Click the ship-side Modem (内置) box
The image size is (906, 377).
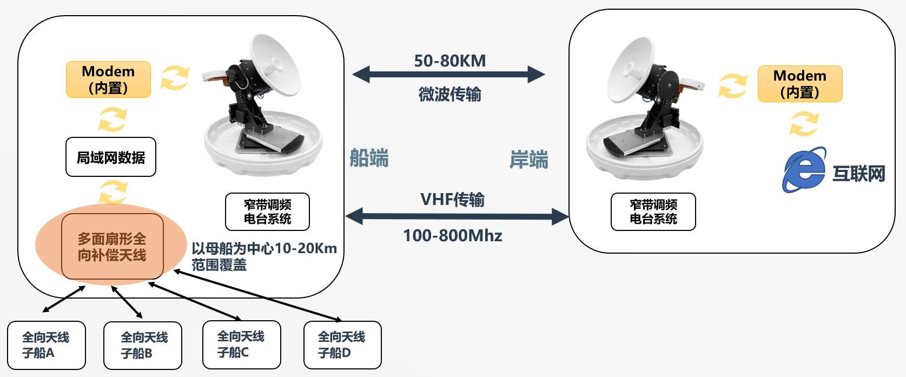pyautogui.click(x=108, y=80)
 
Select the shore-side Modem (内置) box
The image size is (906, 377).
pyautogui.click(x=800, y=84)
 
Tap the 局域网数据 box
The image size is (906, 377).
pyautogui.click(x=111, y=157)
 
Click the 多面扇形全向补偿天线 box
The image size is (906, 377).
pyautogui.click(x=113, y=246)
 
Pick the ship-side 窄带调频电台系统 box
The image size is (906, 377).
pyautogui.click(x=267, y=211)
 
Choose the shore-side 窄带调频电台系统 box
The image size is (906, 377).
pyautogui.click(x=653, y=211)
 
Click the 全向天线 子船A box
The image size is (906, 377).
pyautogui.click(x=47, y=345)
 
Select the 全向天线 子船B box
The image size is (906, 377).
pyautogui.click(x=143, y=346)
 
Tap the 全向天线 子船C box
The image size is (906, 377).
pyautogui.click(x=242, y=345)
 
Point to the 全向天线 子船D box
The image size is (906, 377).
pyautogui.click(x=342, y=345)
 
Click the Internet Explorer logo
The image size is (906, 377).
pyautogui.click(x=804, y=170)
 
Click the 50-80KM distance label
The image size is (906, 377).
pyautogui.click(x=450, y=61)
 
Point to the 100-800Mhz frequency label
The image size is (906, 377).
pyautogui.click(x=453, y=235)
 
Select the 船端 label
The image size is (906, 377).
pyautogui.click(x=369, y=158)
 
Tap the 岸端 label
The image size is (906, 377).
pyautogui.click(x=528, y=159)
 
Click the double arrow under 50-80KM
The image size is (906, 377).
pyautogui.click(x=448, y=75)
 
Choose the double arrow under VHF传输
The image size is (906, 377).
pyautogui.click(x=457, y=217)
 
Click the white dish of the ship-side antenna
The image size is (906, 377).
pyautogui.click(x=275, y=65)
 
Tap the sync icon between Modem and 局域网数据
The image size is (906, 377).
pyautogui.click(x=113, y=120)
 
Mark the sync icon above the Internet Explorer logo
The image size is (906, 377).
pyautogui.click(x=804, y=124)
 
